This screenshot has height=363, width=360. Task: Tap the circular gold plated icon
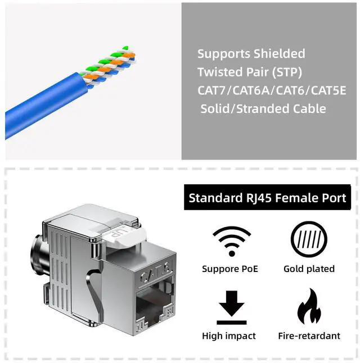(x=308, y=241)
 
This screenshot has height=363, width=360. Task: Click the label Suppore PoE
(x=229, y=269)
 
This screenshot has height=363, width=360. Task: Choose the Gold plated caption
(x=309, y=269)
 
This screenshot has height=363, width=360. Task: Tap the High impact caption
(x=228, y=336)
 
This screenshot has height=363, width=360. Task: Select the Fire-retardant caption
(x=309, y=336)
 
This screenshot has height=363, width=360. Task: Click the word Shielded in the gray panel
(x=279, y=54)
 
